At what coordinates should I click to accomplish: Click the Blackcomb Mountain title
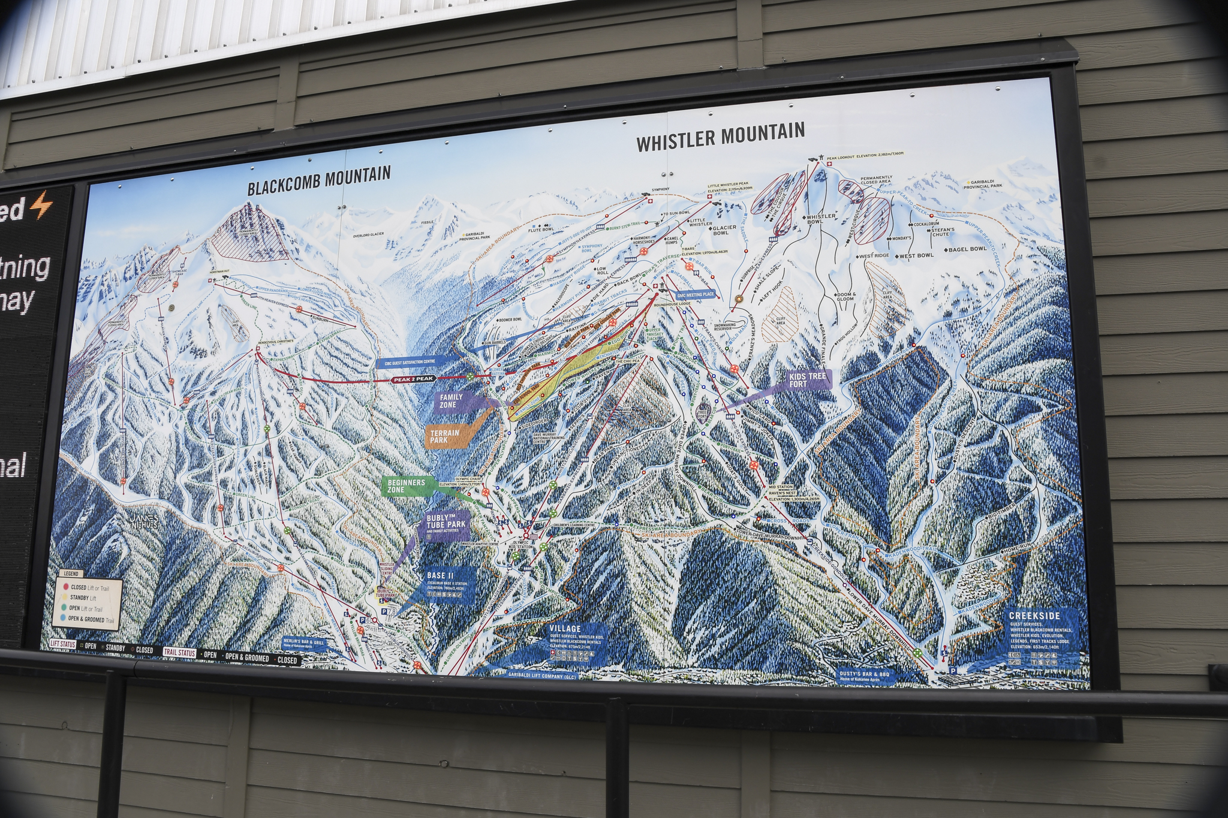(319, 180)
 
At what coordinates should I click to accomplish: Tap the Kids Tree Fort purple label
(807, 379)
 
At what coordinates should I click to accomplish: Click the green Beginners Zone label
(406, 486)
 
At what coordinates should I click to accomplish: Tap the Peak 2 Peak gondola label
(413, 379)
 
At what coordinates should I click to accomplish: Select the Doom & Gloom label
(847, 297)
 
